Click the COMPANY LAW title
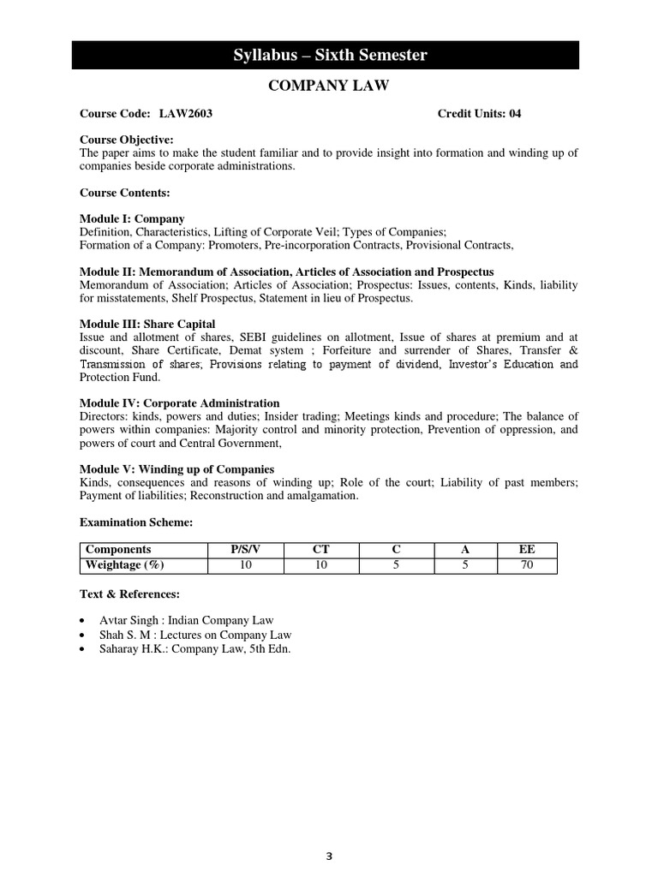329,86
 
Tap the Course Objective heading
126,140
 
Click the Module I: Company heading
132,219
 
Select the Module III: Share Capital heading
147,324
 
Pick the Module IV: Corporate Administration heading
179,403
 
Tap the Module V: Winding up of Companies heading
176,469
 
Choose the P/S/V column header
245,550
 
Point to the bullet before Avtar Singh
81,620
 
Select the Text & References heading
129,593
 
